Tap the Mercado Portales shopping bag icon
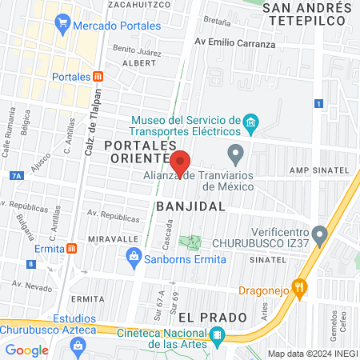pos(62,26)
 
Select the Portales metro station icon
pos(98,76)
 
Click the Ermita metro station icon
pos(72,248)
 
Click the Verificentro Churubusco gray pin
pos(320,234)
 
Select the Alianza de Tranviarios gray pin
pos(235,152)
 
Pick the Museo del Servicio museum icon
pos(251,122)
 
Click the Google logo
pos(26,350)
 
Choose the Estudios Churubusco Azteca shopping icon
pos(78,345)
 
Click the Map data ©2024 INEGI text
pos(312,354)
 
